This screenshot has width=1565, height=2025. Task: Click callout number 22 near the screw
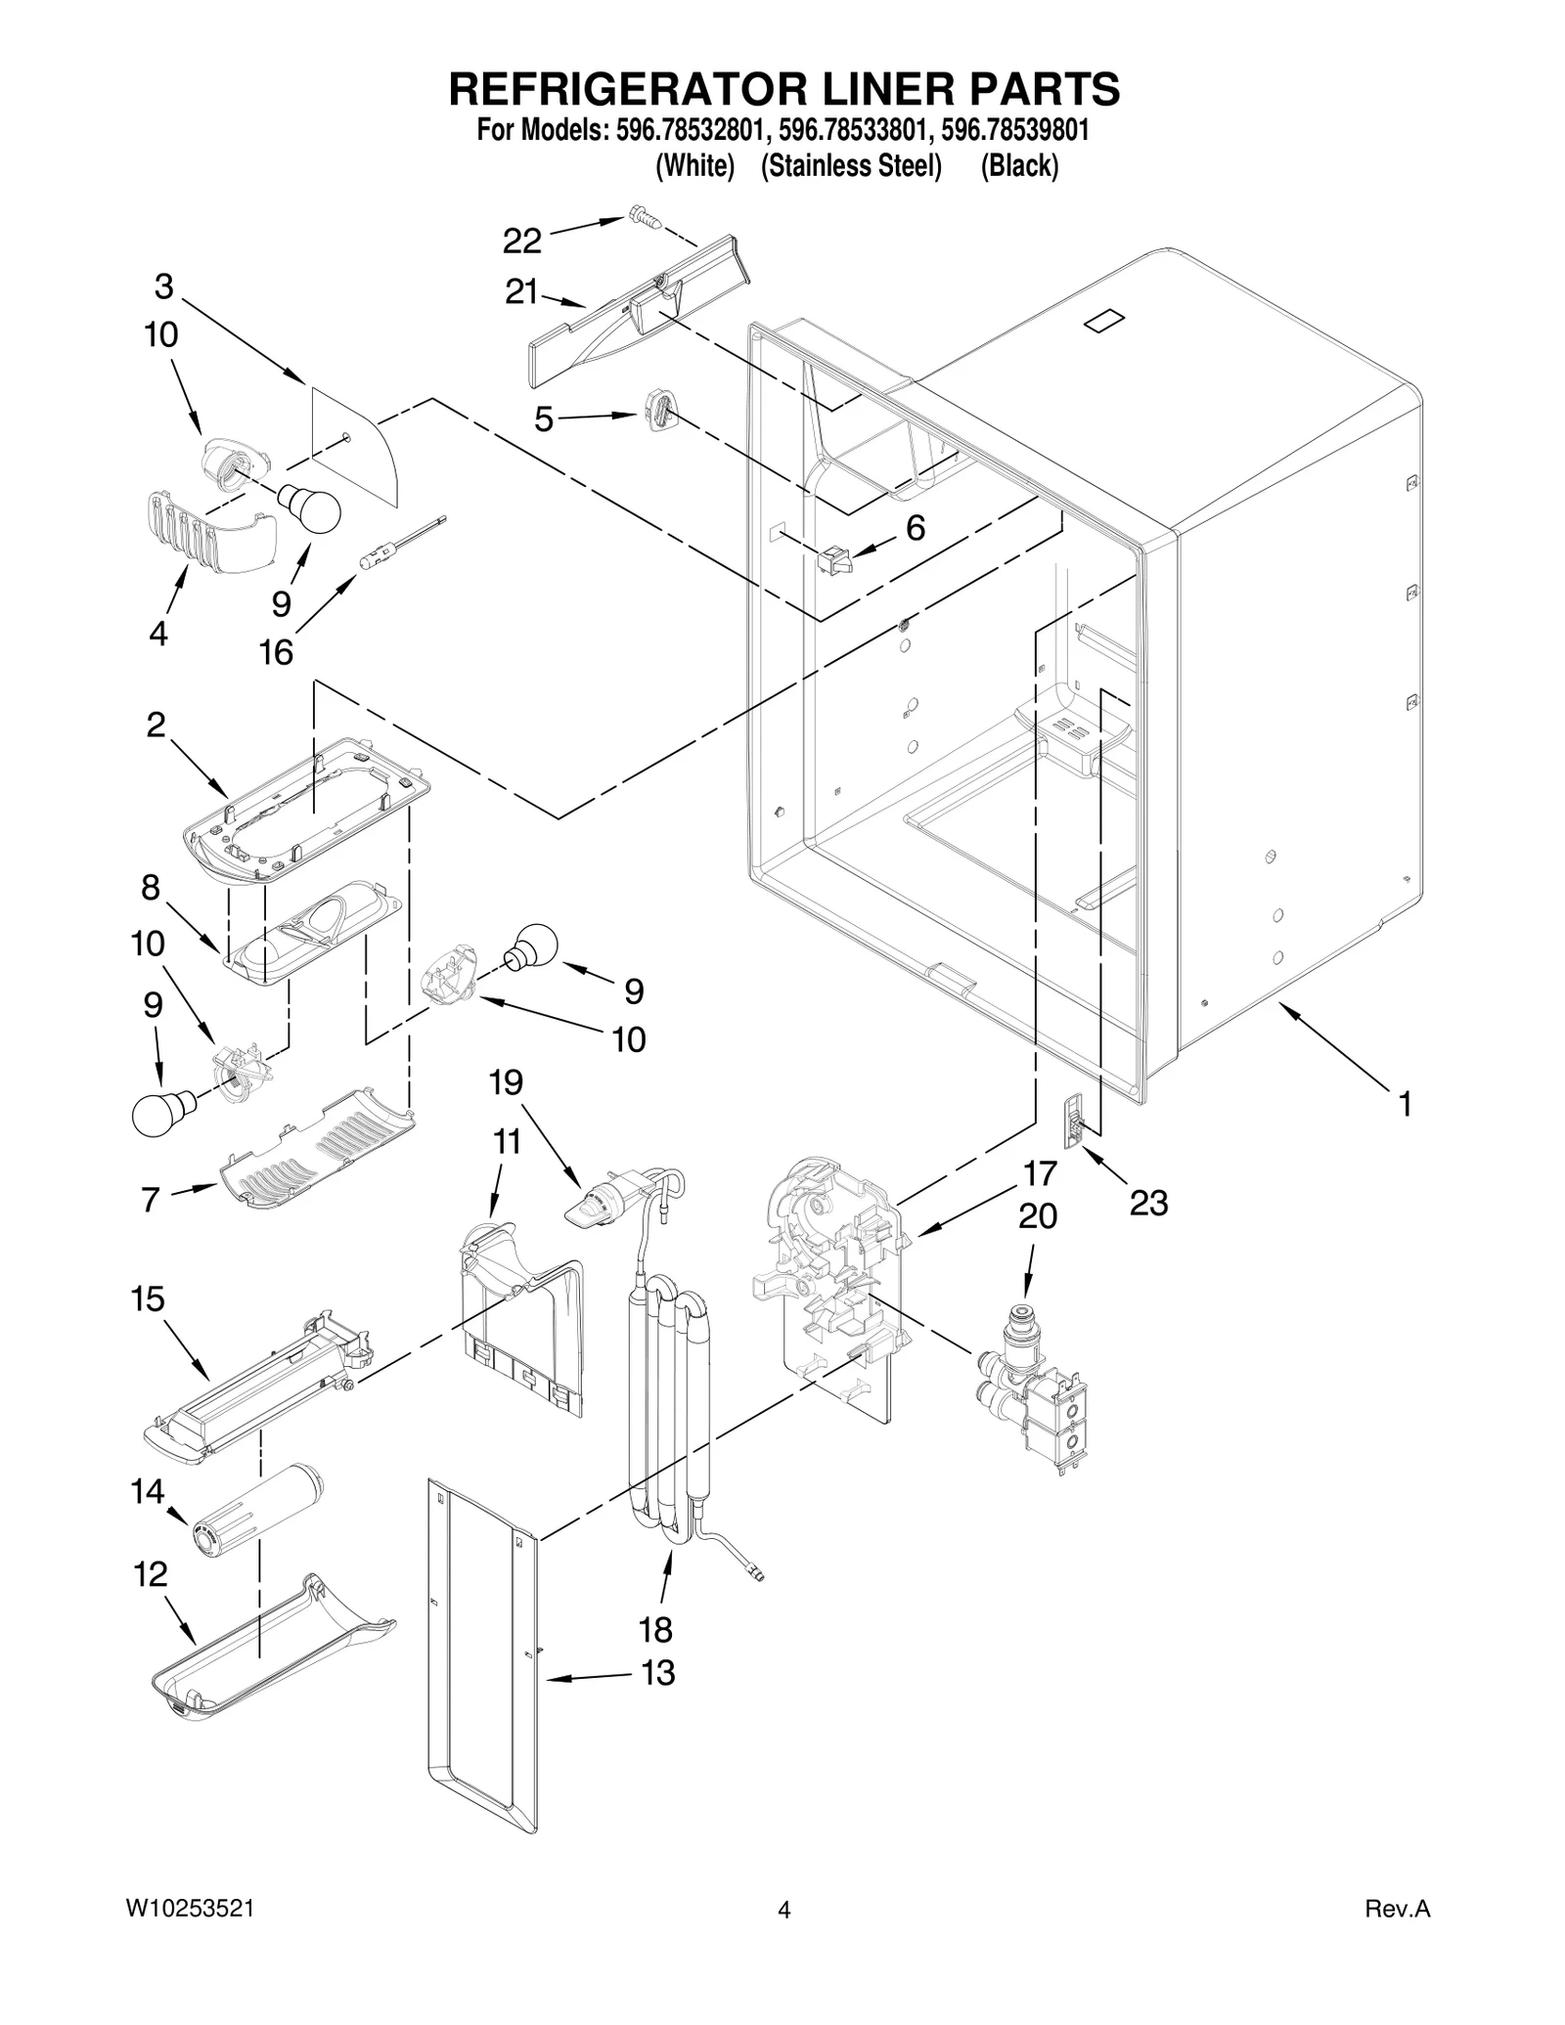tap(521, 240)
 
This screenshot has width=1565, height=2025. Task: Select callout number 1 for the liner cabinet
tap(1405, 1105)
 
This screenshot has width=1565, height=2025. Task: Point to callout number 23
tap(1148, 1203)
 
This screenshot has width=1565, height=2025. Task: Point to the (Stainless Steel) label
tap(851, 166)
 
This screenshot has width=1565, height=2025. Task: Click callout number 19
tap(506, 1082)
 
